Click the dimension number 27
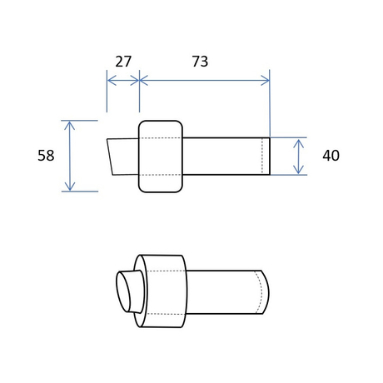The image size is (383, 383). (x=123, y=62)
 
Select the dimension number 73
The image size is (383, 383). (x=200, y=62)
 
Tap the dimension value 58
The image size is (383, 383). (x=46, y=156)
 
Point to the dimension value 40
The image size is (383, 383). (x=331, y=156)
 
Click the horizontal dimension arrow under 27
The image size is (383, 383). (x=123, y=81)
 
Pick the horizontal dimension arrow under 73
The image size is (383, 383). (x=204, y=81)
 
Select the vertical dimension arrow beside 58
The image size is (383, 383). (x=70, y=156)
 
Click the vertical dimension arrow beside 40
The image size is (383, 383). (x=298, y=157)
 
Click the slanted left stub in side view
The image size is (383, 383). (x=123, y=157)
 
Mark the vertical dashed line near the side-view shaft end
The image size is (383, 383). (x=262, y=157)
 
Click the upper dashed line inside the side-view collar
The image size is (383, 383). (x=161, y=138)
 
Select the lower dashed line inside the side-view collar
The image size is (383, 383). (x=161, y=175)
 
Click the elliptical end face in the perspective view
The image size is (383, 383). (x=123, y=291)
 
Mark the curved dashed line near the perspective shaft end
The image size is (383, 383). (x=260, y=292)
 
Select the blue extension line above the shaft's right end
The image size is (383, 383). (x=270, y=103)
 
